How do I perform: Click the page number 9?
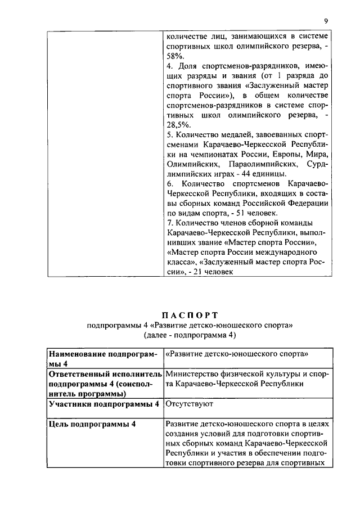(326, 21)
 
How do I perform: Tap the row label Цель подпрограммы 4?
(93, 425)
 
